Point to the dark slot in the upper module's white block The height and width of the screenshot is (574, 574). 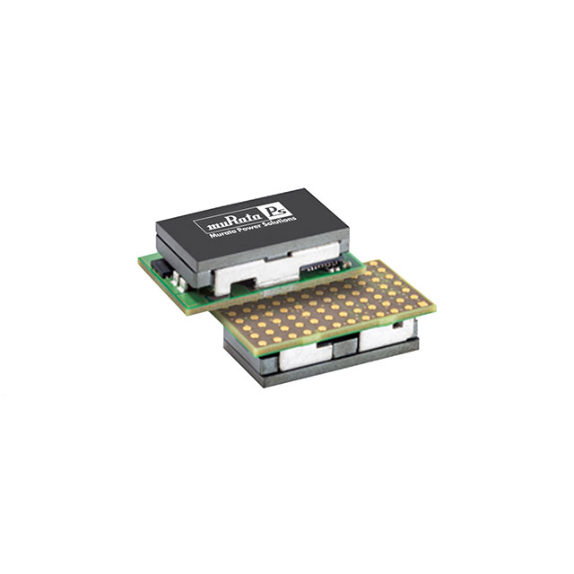click(241, 286)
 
